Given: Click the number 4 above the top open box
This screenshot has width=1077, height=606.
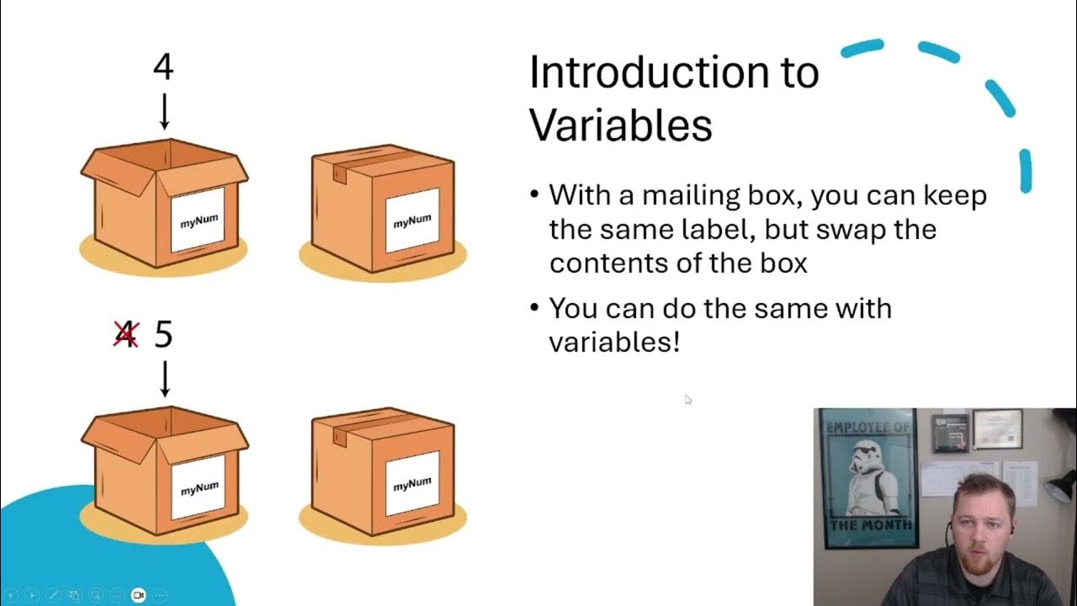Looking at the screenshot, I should [x=163, y=67].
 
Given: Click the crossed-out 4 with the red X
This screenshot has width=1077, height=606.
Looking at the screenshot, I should [x=125, y=335].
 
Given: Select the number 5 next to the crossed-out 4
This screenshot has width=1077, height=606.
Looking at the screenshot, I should [x=163, y=335].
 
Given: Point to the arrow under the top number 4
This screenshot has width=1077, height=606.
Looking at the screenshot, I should [x=164, y=112].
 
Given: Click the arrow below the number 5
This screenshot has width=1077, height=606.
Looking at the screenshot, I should [x=165, y=378].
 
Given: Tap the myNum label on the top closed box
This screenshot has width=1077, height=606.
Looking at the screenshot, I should [x=412, y=221].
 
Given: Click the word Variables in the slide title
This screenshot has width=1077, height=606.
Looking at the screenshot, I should [x=620, y=125].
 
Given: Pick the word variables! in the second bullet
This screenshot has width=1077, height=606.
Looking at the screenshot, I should [x=613, y=343].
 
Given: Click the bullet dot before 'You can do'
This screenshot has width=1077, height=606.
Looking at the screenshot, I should [x=535, y=308].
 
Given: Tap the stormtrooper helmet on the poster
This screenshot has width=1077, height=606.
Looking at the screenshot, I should [x=866, y=459].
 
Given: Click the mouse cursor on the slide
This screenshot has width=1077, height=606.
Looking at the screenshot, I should [x=687, y=400].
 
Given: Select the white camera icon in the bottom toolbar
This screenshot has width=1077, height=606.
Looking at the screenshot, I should [x=138, y=595].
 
